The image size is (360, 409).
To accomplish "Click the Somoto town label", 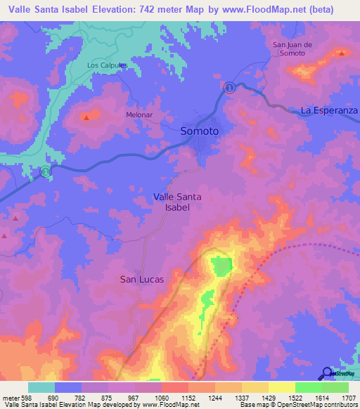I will (200, 131).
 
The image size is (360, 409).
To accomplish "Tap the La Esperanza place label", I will (329, 111).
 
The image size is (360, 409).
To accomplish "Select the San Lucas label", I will (142, 279).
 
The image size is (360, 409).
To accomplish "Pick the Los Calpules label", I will (106, 65).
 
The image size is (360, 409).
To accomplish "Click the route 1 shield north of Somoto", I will (230, 86).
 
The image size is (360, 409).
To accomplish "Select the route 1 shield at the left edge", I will (45, 171).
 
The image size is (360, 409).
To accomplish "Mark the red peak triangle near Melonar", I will (86, 117).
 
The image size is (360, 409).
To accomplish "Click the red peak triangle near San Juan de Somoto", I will (342, 53).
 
